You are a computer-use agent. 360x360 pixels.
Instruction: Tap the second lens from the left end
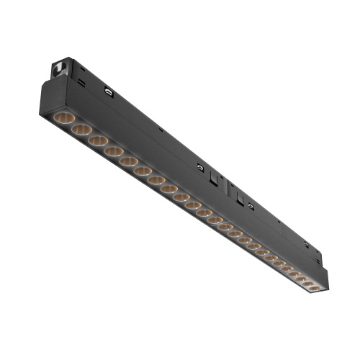(81, 130)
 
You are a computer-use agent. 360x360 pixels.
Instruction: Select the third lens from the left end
(98, 141)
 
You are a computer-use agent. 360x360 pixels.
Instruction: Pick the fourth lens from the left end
(113, 152)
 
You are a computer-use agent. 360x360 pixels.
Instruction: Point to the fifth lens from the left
(128, 162)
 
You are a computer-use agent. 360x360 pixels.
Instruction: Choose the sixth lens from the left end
(143, 172)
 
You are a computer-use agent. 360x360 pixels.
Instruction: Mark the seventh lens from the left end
(156, 181)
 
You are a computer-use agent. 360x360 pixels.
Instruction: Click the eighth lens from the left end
(169, 190)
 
